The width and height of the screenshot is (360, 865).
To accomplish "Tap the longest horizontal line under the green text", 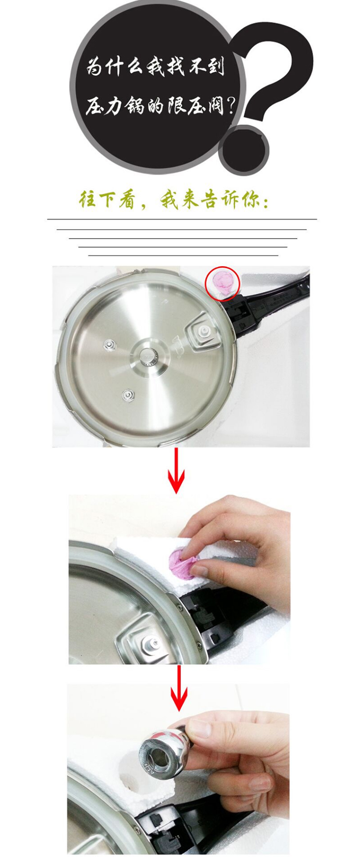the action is click(x=182, y=219).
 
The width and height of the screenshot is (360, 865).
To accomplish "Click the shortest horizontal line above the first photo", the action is click(x=183, y=255).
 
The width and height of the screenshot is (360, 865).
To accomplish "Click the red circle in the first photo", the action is click(x=222, y=283).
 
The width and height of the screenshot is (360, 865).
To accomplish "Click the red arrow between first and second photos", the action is click(x=176, y=470).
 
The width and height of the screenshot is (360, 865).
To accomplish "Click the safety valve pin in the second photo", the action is click(x=150, y=642).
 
